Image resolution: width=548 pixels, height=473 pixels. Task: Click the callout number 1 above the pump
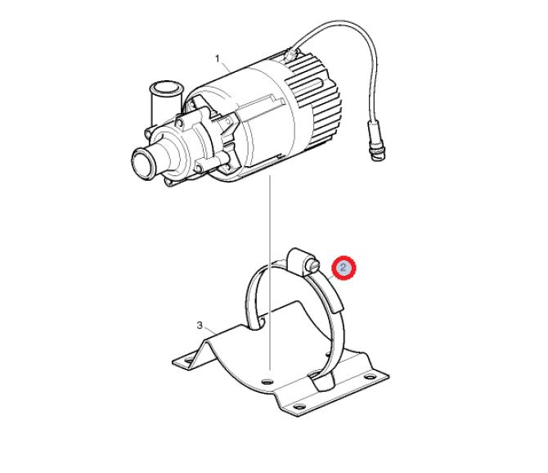218,58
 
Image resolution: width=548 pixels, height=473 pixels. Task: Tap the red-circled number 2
344,268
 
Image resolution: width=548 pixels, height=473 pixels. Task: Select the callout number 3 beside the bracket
200,326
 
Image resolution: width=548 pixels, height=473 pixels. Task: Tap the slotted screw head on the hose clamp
312,267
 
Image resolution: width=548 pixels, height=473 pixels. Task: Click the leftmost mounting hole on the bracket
188,360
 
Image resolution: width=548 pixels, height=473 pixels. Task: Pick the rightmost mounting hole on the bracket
370,377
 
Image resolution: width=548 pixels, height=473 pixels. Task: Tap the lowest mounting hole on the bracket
298,407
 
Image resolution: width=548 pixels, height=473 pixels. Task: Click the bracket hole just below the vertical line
267,381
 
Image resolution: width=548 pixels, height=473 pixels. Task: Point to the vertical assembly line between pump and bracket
270,273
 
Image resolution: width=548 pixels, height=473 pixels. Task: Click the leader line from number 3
210,330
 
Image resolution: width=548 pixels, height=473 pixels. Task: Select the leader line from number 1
226,67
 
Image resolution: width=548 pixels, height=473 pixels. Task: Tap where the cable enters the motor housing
290,53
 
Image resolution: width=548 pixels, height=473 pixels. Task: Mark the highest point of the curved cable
341,22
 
